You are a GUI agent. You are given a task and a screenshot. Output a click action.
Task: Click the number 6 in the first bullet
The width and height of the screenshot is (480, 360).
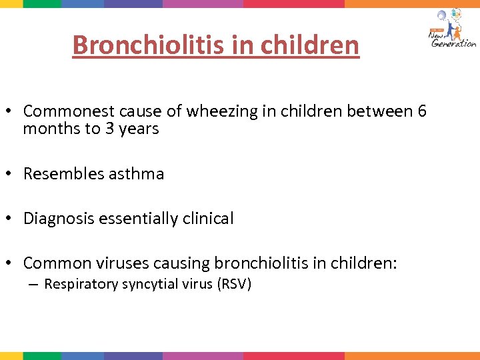tap(421, 111)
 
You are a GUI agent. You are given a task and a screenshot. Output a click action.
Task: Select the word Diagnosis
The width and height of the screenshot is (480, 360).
tap(55, 219)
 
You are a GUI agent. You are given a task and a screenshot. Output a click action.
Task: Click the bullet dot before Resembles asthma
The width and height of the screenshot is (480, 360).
tap(11, 175)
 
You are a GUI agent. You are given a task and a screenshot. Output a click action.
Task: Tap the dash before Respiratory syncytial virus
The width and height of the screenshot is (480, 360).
tap(33, 285)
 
